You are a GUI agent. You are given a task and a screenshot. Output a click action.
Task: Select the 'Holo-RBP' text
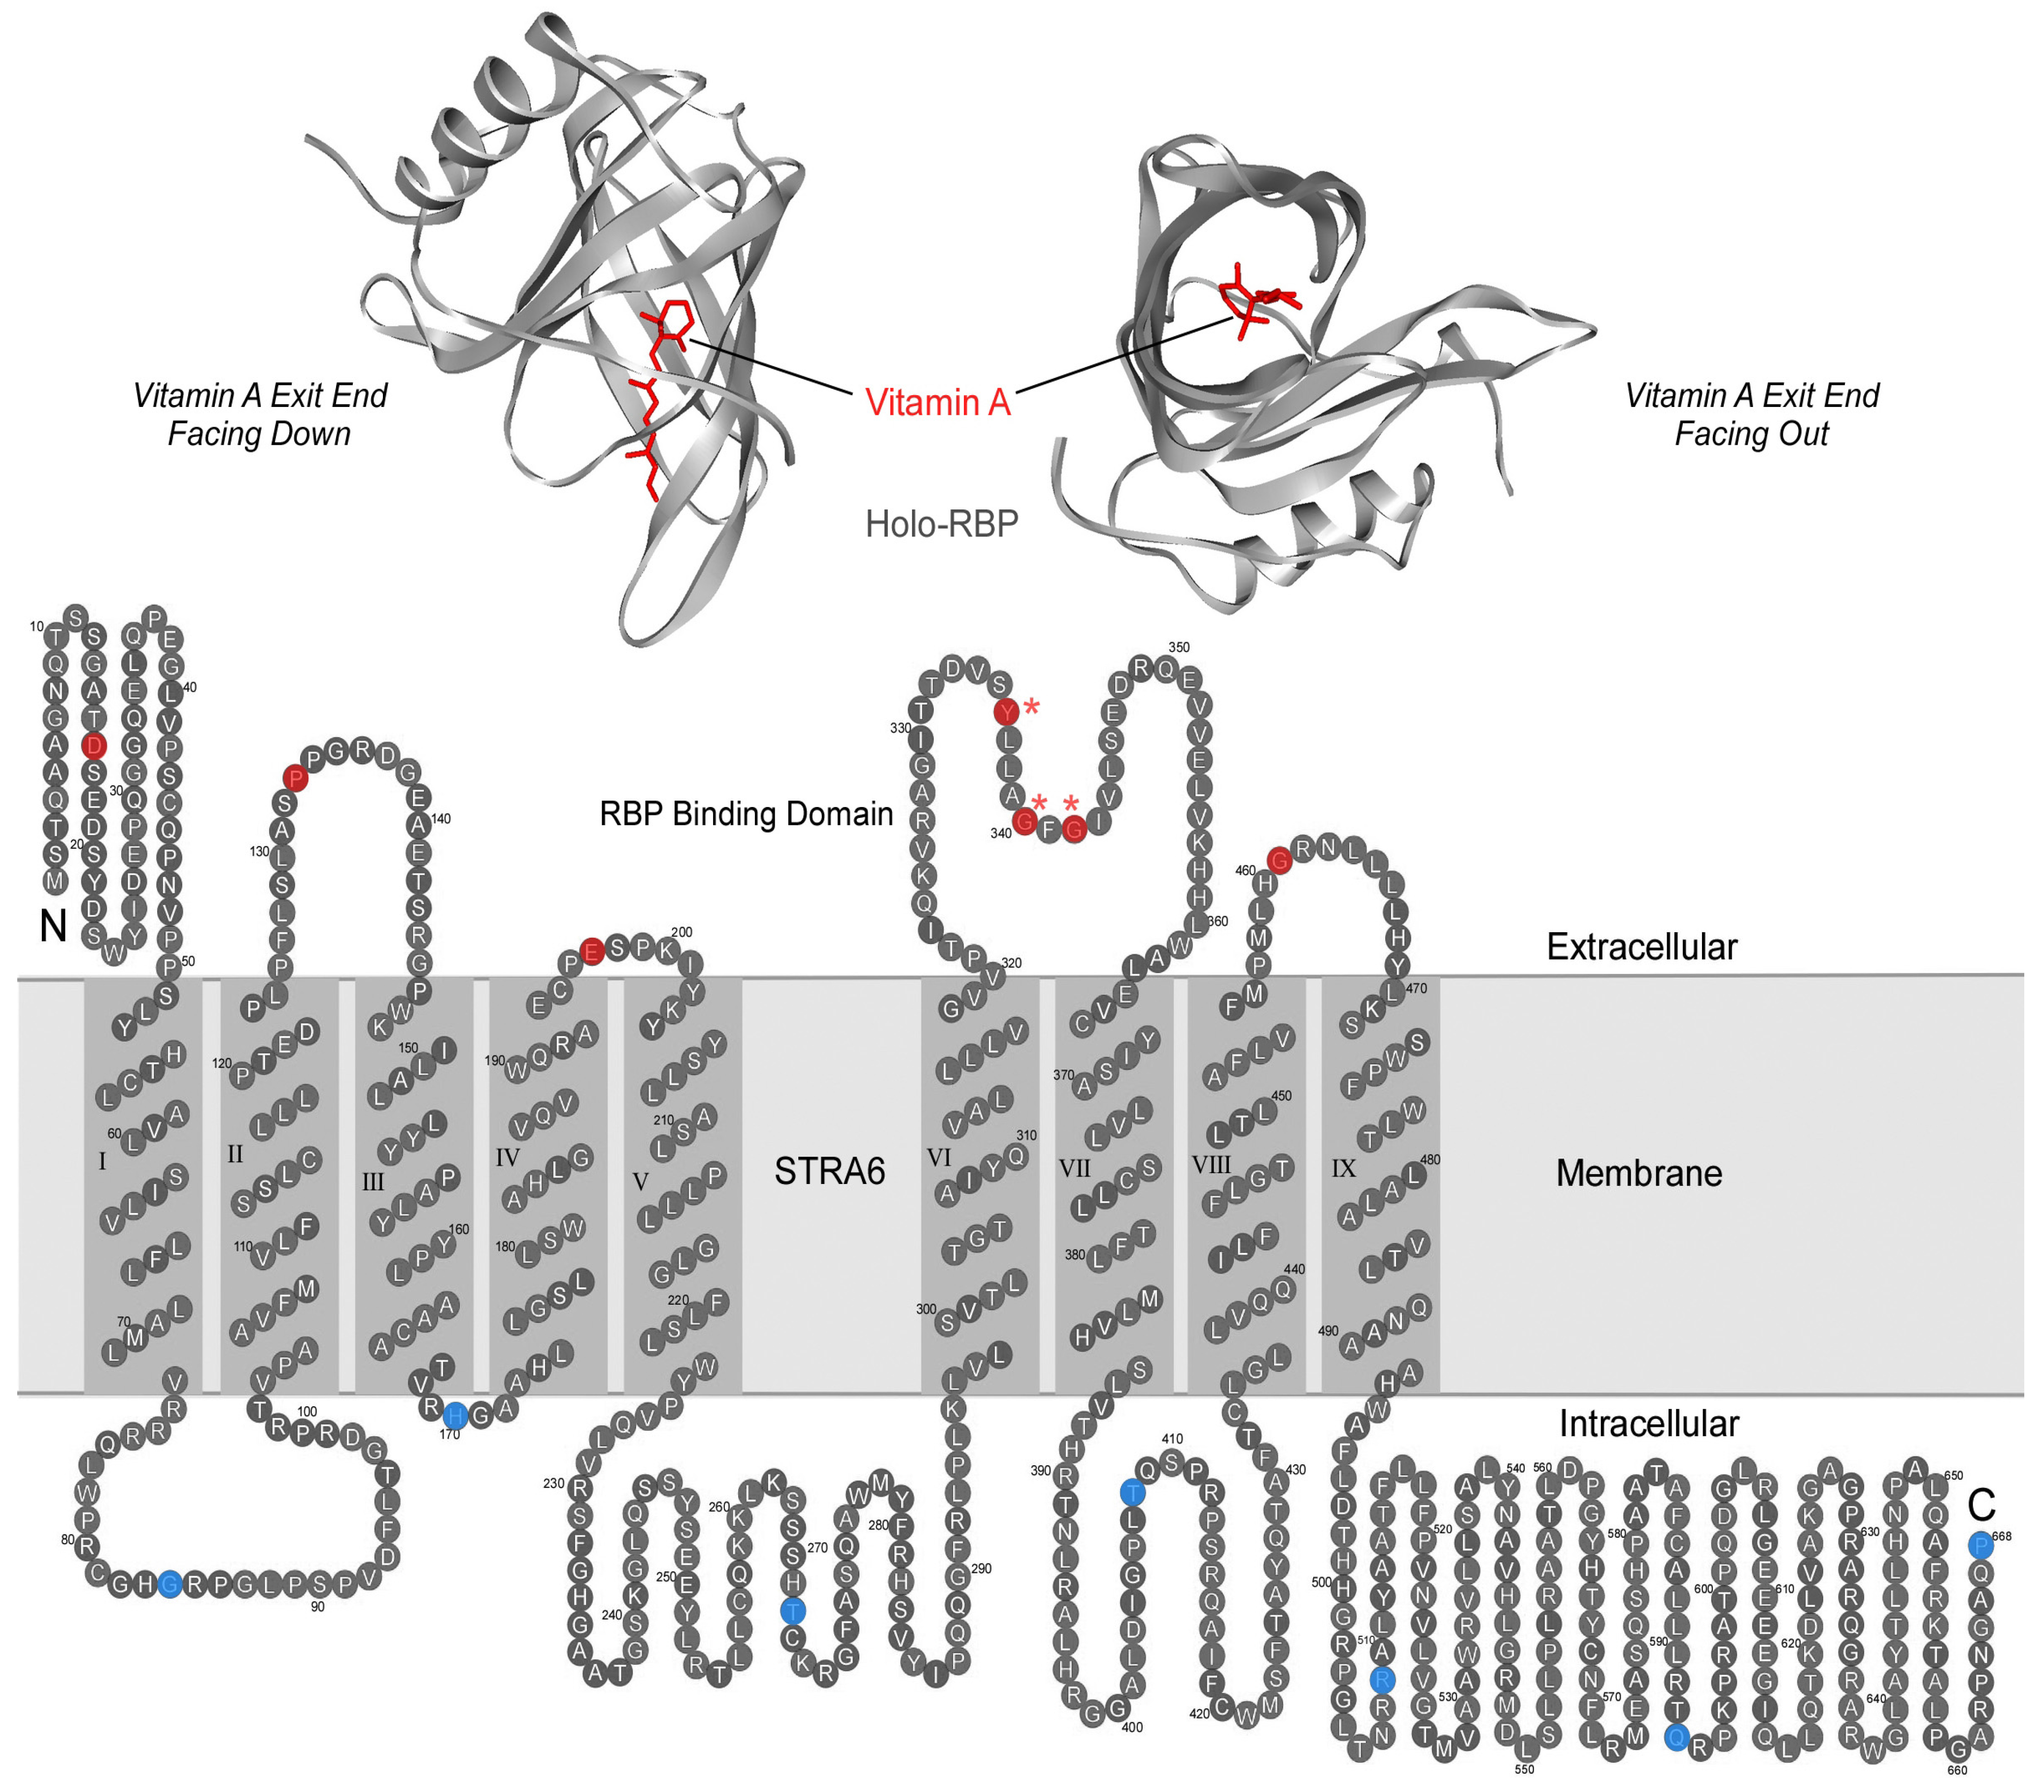[941, 523]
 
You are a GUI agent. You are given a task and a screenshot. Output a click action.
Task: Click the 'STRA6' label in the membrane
[829, 1171]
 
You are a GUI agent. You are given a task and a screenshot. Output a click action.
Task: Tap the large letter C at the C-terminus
[1981, 1504]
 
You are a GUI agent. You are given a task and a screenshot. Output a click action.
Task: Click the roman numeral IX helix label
[1344, 1168]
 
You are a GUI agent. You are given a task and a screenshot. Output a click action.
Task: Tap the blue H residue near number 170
[454, 1415]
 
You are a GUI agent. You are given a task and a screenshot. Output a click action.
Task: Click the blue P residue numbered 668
[1980, 1545]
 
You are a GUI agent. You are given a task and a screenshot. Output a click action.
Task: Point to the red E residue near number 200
[591, 951]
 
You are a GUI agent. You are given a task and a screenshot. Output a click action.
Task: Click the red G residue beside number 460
[1279, 859]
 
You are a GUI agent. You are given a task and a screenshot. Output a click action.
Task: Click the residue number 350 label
[1179, 647]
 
